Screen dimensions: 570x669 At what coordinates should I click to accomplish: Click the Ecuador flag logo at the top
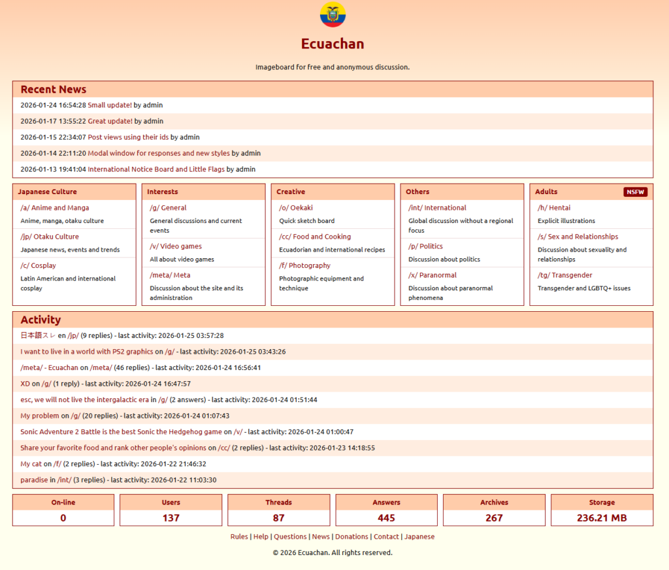point(333,14)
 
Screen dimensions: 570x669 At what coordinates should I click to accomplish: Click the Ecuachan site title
point(333,44)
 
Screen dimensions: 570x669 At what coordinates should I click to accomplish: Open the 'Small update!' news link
point(110,105)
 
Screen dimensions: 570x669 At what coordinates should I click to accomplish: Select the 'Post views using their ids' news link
point(128,137)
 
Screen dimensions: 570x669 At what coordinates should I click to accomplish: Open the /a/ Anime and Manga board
point(55,208)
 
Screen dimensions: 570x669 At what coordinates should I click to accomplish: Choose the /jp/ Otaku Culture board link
point(50,237)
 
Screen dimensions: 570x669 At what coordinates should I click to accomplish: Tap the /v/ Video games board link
point(176,246)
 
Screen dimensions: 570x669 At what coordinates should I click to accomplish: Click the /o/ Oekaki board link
point(296,208)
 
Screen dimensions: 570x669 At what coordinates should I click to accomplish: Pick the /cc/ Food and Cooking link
point(315,237)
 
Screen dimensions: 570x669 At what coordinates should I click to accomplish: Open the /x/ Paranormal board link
point(432,275)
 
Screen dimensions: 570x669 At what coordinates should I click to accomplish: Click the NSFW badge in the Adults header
point(635,192)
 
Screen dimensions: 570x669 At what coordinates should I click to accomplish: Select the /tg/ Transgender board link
point(565,275)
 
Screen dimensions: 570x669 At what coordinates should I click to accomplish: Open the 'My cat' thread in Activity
point(31,464)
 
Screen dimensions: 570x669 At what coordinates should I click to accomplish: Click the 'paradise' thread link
point(34,480)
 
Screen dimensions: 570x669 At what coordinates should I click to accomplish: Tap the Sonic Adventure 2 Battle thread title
point(121,432)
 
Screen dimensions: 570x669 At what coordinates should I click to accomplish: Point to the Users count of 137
point(171,518)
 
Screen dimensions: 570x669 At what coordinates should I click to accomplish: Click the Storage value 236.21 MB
point(602,518)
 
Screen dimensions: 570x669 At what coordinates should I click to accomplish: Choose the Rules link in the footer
point(239,537)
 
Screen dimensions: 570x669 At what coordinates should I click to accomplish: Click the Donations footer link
point(351,537)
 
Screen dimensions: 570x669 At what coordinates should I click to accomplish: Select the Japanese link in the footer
point(419,537)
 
